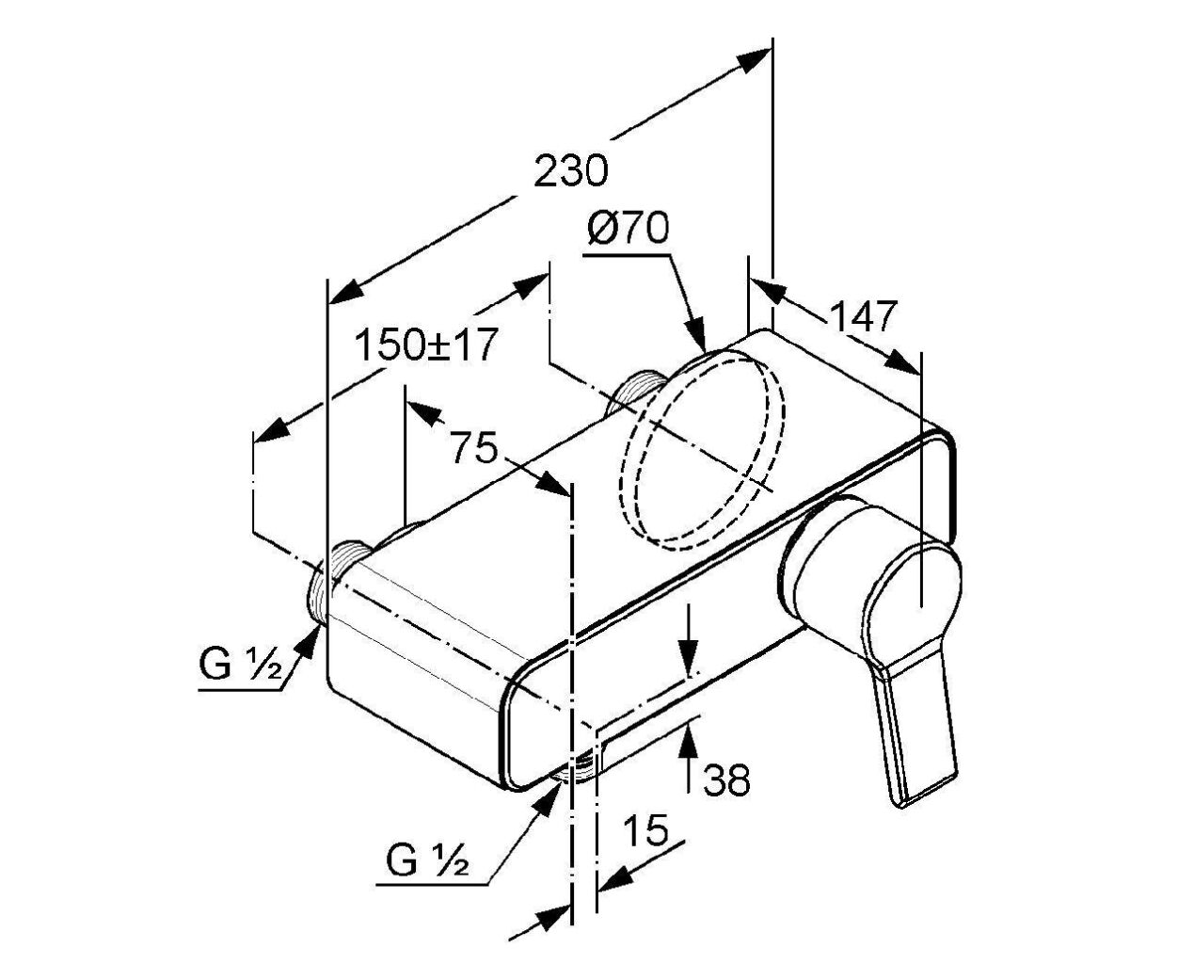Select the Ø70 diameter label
[628, 228]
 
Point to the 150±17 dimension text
[425, 345]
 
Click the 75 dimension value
[473, 447]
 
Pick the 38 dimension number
[726, 779]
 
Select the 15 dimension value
[645, 830]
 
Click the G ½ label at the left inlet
[241, 664]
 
